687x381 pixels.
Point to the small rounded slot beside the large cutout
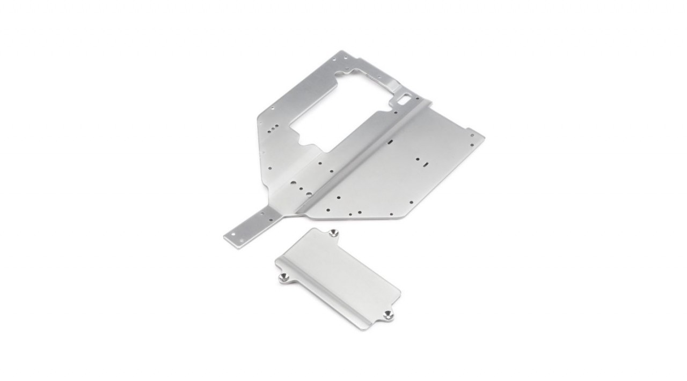(403, 99)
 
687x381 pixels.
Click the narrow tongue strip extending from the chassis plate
(252, 226)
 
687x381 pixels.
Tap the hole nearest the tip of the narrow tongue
(233, 234)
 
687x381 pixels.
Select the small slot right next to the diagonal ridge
(390, 141)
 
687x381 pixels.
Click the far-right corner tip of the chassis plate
(484, 137)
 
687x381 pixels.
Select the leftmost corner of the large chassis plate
(224, 236)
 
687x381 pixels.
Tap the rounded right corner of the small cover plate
(399, 293)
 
